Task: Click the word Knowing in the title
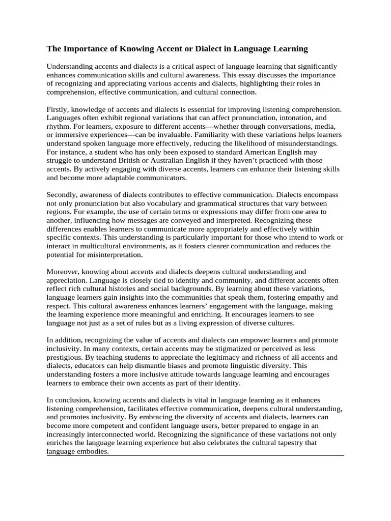(x=136, y=49)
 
